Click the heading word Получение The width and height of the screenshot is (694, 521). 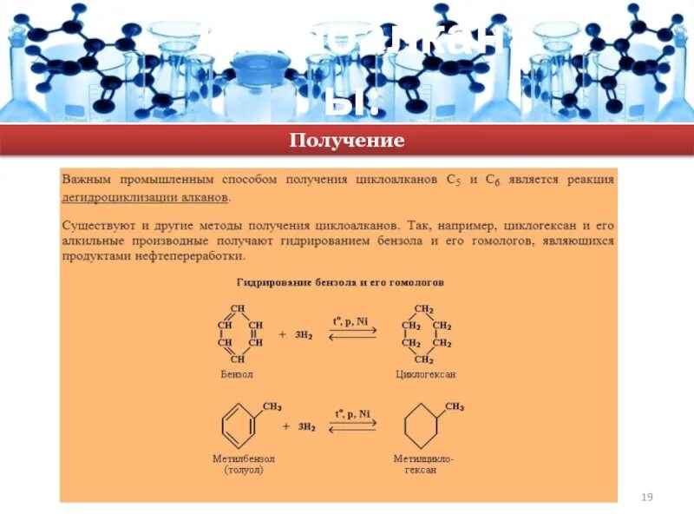(347, 141)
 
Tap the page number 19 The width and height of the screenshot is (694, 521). (645, 497)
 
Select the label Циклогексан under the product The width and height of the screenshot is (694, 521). (424, 374)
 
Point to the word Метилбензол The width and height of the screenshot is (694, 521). (244, 458)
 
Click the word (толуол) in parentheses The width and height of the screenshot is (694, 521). (244, 470)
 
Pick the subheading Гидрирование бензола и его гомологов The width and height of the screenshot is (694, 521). (340, 283)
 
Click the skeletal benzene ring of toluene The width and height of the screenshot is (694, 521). (237, 427)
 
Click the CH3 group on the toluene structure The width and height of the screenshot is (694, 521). (272, 406)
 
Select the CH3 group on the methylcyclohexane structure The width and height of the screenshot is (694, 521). (455, 406)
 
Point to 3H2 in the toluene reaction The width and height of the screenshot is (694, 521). (307, 427)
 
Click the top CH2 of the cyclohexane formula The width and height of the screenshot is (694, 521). (424, 308)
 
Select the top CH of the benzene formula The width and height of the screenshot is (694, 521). (237, 308)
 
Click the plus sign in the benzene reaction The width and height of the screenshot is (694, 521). (282, 333)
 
